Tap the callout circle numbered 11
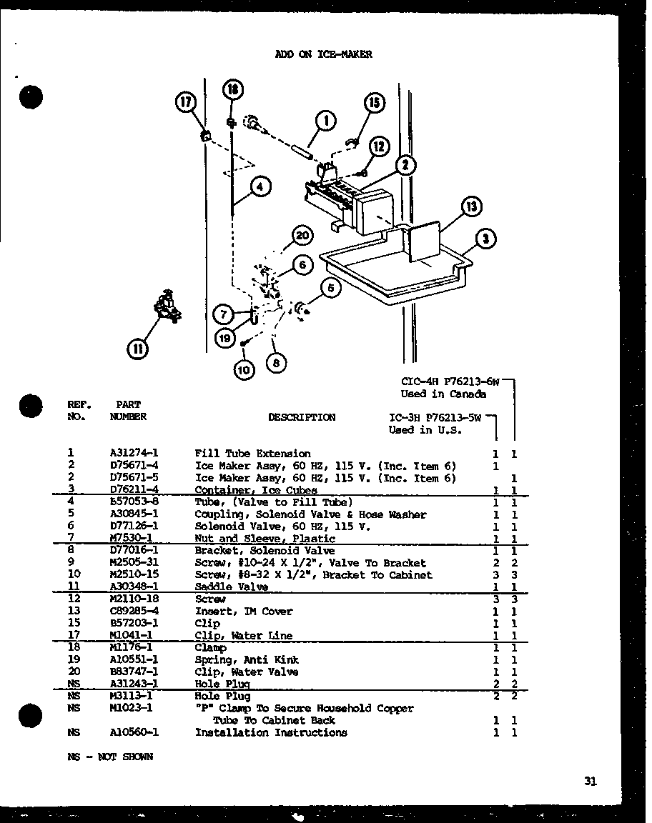coord(137,349)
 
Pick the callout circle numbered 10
coord(244,370)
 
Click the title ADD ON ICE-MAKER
coord(323,54)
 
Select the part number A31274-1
coord(134,454)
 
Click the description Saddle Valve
coord(232,587)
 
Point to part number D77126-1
coord(134,527)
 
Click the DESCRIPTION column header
coord(301,417)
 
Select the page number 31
coord(589,782)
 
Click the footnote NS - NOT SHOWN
coord(110,757)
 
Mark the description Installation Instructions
coord(271,732)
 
